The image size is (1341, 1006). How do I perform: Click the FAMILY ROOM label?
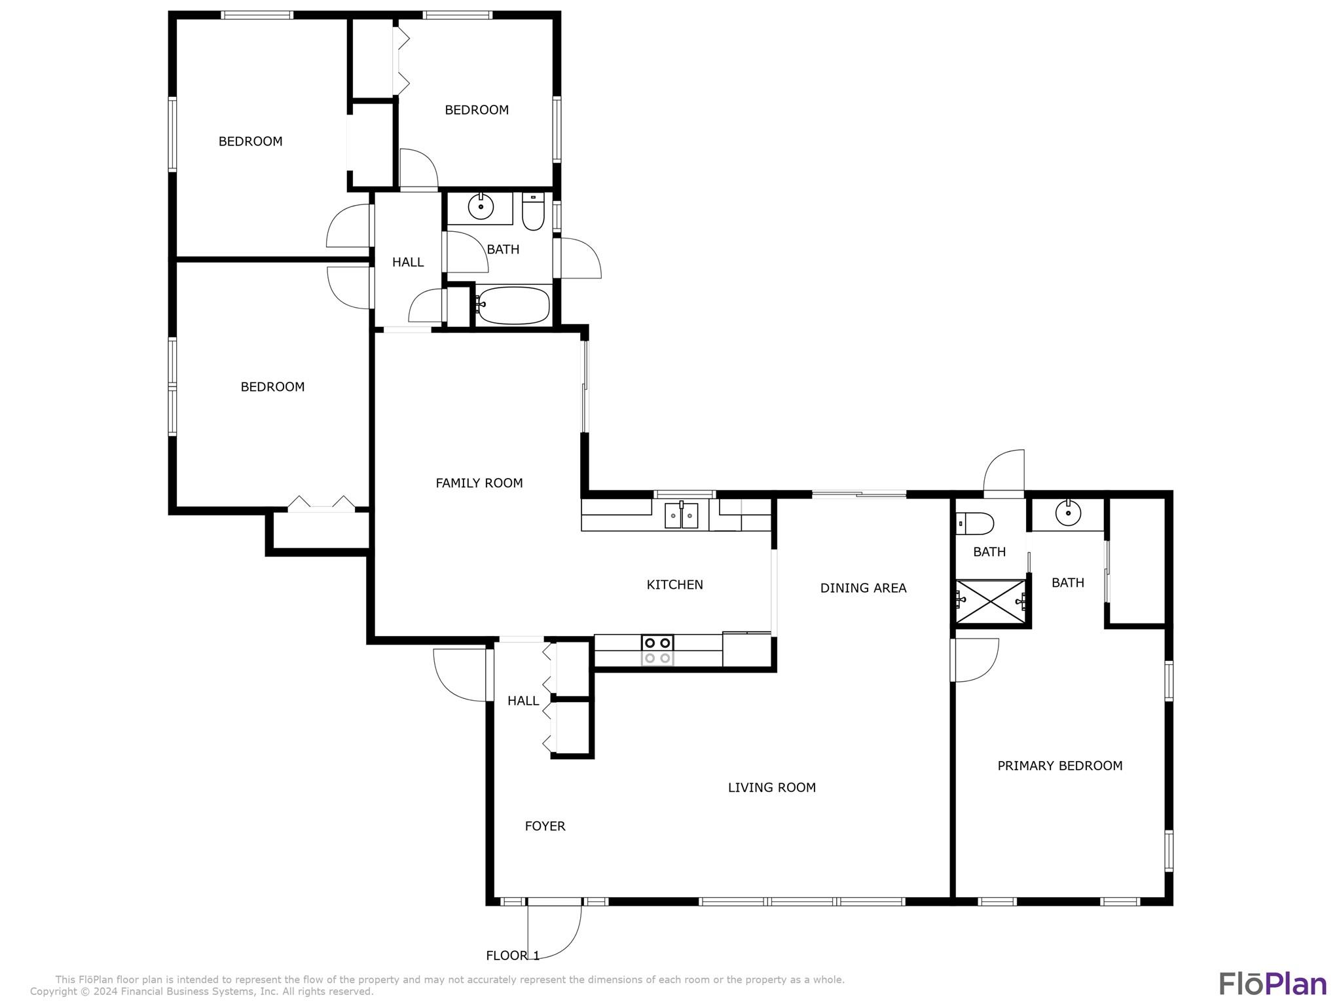tap(479, 483)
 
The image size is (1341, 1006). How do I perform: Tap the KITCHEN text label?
tap(674, 585)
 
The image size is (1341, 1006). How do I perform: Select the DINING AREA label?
tap(863, 588)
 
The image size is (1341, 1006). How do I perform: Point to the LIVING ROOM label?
tap(772, 788)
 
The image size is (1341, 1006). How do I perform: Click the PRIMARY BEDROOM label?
tap(1059, 766)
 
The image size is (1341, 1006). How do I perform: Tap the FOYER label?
tap(545, 827)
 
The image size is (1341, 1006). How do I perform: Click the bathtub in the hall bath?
tap(513, 305)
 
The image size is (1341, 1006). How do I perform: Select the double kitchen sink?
tap(682, 515)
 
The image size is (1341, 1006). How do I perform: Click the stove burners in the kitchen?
tap(657, 650)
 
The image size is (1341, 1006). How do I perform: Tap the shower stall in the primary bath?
tap(991, 601)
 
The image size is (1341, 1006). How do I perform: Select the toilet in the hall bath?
tap(533, 211)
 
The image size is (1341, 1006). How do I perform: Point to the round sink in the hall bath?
tap(481, 208)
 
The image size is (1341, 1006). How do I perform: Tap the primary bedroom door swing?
tap(976, 660)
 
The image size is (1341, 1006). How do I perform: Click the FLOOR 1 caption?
tap(513, 956)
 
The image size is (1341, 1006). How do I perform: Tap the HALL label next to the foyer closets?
tap(523, 701)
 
